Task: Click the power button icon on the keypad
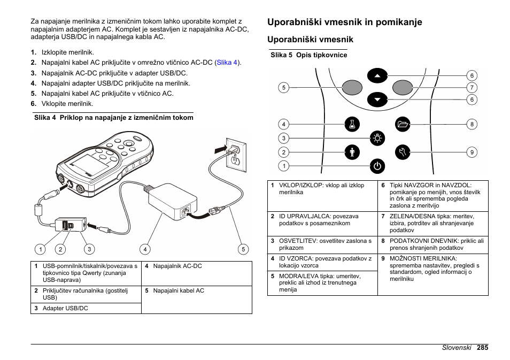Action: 377,166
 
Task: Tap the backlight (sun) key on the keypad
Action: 377,138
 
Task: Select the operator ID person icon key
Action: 351,152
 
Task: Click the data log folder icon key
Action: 403,125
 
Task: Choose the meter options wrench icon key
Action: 403,152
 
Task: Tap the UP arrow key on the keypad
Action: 377,76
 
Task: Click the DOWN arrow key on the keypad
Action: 377,99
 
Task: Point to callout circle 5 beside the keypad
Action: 284,88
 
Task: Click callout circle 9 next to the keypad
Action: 472,152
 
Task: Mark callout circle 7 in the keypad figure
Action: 472,88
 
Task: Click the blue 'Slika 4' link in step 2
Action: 227,63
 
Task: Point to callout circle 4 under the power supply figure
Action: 145,249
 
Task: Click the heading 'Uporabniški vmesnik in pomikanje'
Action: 345,22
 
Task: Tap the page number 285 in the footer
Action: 483,347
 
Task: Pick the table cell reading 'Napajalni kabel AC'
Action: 178,291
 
